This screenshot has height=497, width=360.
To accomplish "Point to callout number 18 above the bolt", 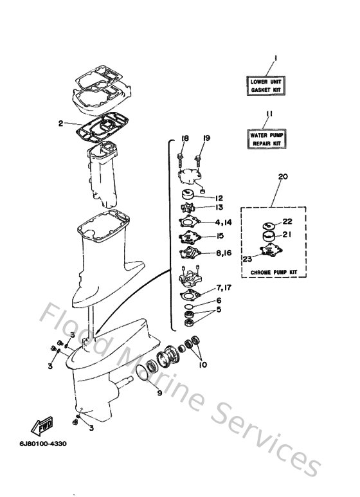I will (x=184, y=138).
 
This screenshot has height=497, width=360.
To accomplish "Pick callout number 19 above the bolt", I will (x=207, y=138).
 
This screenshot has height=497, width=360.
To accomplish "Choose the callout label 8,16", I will (x=223, y=253).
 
